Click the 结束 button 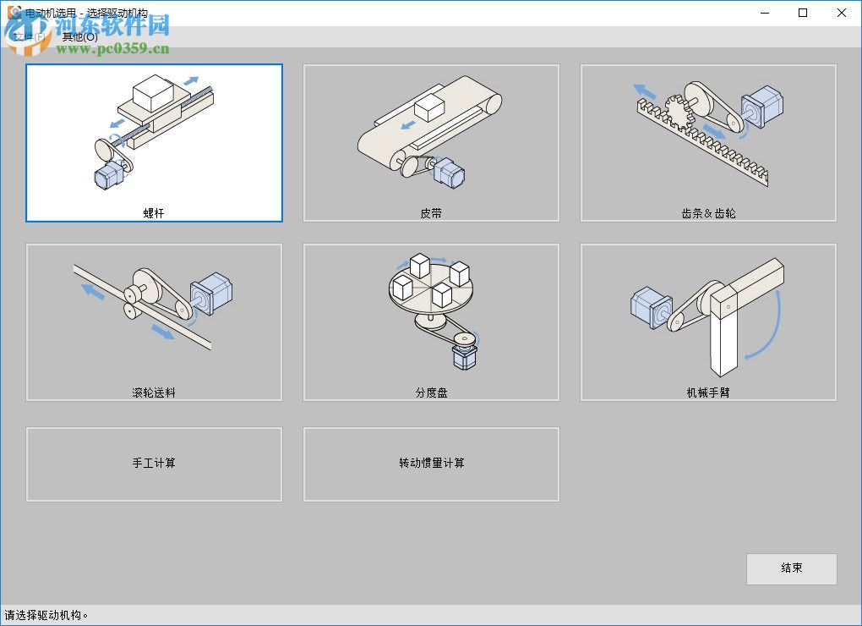pos(791,568)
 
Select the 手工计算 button pos(154,464)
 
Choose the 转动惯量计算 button pos(431,464)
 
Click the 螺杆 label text pos(154,213)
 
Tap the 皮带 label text pos(431,213)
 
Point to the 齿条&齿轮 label pos(708,213)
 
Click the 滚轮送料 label pos(154,393)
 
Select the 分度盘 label pos(431,393)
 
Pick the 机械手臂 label pos(708,393)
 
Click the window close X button pos(842,13)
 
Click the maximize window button pos(803,13)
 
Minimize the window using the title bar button pos(764,13)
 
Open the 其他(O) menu pos(79,37)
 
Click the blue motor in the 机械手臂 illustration pos(651,306)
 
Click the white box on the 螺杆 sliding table pos(152,91)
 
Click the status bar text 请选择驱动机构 pos(46,615)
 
